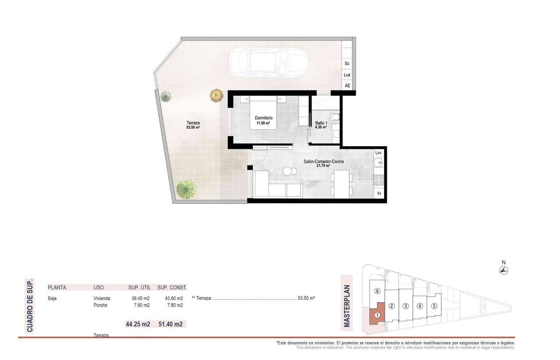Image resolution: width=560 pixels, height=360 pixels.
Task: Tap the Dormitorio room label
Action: tap(264, 118)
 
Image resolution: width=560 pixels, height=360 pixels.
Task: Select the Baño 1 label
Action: tap(321, 123)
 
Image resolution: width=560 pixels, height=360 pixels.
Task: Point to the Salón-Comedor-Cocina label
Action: tap(323, 161)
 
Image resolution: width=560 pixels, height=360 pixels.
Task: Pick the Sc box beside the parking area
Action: tap(347, 63)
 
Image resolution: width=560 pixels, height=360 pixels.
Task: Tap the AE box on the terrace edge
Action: tap(347, 85)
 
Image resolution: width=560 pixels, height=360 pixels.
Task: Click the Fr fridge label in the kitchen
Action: tap(379, 194)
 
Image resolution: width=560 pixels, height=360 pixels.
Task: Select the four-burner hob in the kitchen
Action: tap(379, 180)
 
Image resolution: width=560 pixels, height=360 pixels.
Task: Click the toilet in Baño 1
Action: tap(335, 117)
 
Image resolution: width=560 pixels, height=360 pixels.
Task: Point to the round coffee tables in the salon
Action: tap(290, 171)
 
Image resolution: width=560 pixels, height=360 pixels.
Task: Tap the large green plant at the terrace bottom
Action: tap(186, 189)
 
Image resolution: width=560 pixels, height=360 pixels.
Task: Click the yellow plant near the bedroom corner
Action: tap(216, 95)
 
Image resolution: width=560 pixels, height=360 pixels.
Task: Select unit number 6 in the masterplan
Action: tap(377, 291)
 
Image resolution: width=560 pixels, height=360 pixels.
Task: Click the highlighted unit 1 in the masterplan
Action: tap(377, 315)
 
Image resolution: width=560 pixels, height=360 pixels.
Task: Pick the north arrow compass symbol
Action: tap(504, 270)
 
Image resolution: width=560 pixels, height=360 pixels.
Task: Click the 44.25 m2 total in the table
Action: tap(138, 324)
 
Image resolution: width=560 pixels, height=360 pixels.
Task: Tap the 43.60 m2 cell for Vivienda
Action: tap(174, 298)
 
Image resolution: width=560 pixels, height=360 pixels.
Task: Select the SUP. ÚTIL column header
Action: tap(139, 288)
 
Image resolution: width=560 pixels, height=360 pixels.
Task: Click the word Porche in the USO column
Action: tap(100, 305)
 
